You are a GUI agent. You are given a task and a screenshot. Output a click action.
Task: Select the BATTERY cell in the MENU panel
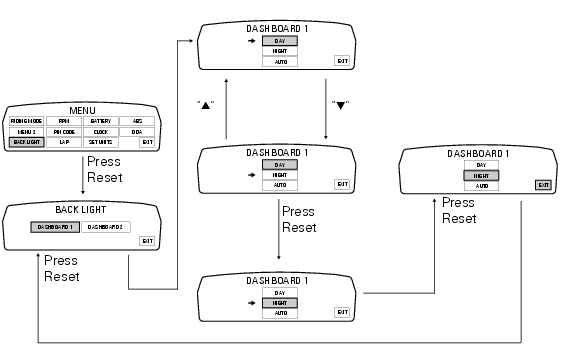pyautogui.click(x=100, y=120)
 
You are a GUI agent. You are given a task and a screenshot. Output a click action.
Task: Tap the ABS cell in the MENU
pyautogui.click(x=137, y=120)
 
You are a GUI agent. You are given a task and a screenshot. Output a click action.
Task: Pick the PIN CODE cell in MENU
pyautogui.click(x=64, y=131)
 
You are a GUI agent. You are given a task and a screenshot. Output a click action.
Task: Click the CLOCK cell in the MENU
pyautogui.click(x=100, y=131)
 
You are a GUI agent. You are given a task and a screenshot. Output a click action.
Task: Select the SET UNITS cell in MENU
pyautogui.click(x=100, y=142)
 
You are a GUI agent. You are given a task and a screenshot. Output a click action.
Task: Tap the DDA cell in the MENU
pyautogui.click(x=137, y=131)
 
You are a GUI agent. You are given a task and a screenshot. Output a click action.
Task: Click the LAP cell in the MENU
pyautogui.click(x=64, y=142)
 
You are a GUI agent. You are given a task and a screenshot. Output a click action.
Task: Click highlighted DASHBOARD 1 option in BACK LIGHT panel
pyautogui.click(x=55, y=227)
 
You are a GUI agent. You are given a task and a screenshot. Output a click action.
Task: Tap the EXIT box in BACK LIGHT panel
pyautogui.click(x=147, y=240)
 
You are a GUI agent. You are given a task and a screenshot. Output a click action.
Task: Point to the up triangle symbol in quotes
pyautogui.click(x=206, y=103)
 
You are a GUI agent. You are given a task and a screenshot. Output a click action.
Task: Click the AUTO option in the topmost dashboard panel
pyautogui.click(x=280, y=62)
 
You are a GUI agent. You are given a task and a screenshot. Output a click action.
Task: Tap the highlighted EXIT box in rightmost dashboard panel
pyautogui.click(x=543, y=185)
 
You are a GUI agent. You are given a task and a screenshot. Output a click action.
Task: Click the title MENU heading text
pyautogui.click(x=82, y=108)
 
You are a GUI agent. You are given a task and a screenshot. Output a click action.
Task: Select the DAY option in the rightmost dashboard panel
pyautogui.click(x=481, y=164)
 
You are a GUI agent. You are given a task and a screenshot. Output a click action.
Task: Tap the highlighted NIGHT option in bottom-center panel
pyautogui.click(x=280, y=302)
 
